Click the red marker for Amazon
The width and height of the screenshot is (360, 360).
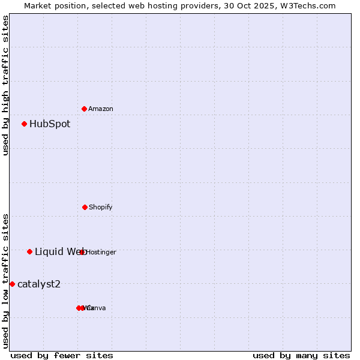tap(84, 109)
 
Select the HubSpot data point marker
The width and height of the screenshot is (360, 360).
tap(24, 124)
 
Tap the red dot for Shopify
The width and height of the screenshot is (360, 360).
tap(85, 207)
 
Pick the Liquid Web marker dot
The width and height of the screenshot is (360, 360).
tap(29, 251)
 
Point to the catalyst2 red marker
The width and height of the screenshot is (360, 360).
tap(12, 284)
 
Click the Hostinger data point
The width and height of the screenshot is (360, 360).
tap(82, 252)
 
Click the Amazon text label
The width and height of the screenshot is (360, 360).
tap(101, 109)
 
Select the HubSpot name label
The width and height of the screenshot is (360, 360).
tap(50, 124)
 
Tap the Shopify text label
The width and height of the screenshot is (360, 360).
tap(101, 207)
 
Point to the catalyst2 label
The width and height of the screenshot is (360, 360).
tap(39, 284)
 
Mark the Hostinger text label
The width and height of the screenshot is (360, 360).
tap(101, 252)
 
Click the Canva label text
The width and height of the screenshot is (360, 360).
tap(97, 308)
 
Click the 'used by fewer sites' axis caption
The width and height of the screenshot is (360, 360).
tap(62, 355)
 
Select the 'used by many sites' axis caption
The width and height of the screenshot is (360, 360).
tap(301, 355)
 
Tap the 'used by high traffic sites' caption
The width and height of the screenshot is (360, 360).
tap(5, 86)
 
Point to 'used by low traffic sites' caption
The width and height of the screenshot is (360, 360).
tap(5, 280)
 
